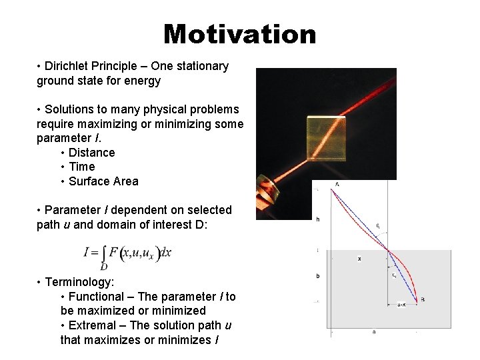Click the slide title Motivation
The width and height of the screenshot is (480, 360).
coord(240,33)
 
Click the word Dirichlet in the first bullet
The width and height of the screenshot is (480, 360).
coord(67,66)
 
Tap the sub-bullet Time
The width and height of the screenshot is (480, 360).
coord(82,167)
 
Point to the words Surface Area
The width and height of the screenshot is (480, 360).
coord(103,181)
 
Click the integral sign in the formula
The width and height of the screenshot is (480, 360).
coord(104,253)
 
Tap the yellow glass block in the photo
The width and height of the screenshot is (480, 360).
coord(326,136)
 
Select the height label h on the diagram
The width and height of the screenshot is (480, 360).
coord(317,219)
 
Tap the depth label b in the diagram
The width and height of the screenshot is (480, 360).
coord(317,275)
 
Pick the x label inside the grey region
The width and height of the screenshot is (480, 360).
coord(359,258)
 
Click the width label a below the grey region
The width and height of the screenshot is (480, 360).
coord(373,331)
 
